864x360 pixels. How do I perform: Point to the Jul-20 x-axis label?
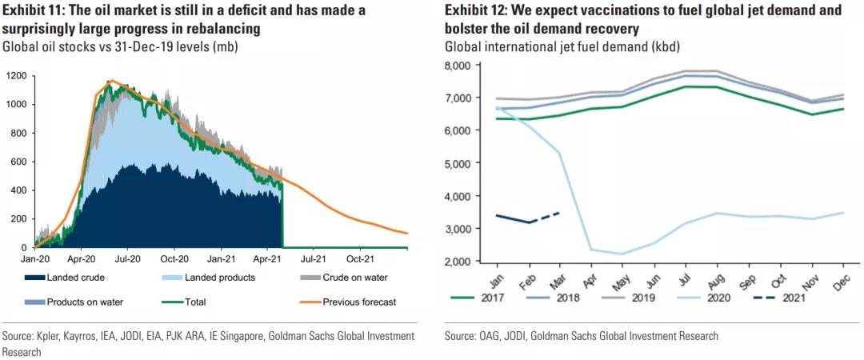point(126,258)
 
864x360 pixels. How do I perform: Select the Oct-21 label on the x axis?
point(360,258)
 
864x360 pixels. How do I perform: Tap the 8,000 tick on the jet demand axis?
point(462,65)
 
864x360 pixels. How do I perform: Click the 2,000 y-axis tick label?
point(462,262)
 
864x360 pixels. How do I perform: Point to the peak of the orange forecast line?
point(111,81)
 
